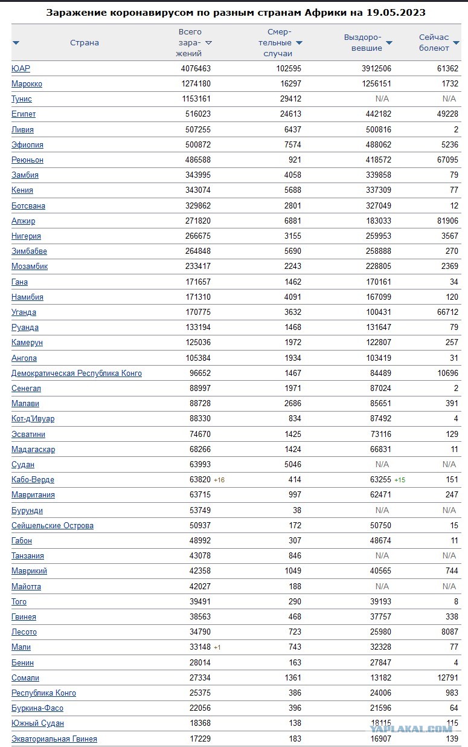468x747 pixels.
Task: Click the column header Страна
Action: pos(85,43)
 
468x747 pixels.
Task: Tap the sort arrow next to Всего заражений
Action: pos(208,43)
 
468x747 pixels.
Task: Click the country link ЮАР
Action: pos(21,69)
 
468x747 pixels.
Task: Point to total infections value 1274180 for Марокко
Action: pos(196,84)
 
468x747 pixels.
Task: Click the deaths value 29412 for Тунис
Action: pos(289,99)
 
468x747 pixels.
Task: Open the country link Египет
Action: pos(24,114)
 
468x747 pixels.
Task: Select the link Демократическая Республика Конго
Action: pos(77,373)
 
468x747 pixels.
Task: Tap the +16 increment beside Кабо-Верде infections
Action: pos(219,480)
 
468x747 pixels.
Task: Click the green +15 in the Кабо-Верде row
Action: pos(400,480)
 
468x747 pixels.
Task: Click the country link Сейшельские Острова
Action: pos(53,526)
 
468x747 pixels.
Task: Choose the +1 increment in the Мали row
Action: pos(217,647)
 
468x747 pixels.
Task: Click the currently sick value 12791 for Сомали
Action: pos(446,678)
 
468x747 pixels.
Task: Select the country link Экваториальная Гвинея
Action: pos(54,739)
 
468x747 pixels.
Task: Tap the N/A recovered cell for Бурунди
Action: pos(382,511)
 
